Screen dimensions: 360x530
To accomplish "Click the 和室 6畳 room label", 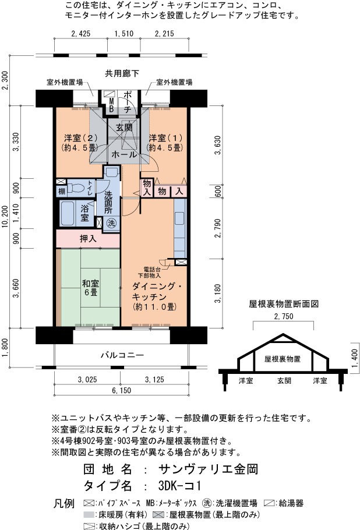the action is click(91, 288).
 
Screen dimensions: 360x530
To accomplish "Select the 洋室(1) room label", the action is click(165, 143).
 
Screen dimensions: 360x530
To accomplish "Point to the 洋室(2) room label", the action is click(80, 143).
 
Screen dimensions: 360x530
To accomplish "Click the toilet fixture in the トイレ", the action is click(77, 188).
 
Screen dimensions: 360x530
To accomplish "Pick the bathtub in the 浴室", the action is click(68, 213).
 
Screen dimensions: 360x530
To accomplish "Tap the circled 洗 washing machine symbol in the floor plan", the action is click(111, 222).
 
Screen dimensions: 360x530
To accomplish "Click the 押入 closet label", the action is click(88, 239).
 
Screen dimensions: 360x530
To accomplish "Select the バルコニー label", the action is click(122, 355).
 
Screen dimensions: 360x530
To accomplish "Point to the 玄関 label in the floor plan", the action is click(124, 128).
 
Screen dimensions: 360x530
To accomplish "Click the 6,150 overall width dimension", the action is click(121, 390).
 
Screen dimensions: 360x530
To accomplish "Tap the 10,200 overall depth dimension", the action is click(5, 216).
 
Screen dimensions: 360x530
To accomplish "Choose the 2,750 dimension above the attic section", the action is click(283, 316).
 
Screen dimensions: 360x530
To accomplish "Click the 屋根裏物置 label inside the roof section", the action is click(283, 359).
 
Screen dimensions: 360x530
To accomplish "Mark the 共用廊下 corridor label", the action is click(122, 73).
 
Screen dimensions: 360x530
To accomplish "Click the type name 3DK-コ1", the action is click(179, 486).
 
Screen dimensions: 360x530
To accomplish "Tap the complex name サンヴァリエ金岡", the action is click(208, 469).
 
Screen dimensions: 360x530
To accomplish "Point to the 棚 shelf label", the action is click(62, 192).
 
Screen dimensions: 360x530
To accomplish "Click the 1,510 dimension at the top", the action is click(123, 34).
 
